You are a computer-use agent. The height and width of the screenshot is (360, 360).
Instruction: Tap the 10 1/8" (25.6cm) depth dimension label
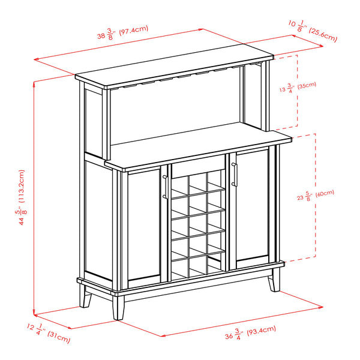(x=313, y=30)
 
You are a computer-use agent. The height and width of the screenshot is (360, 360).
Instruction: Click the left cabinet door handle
(x=164, y=187)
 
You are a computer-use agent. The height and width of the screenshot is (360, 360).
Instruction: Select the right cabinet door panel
(x=253, y=207)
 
